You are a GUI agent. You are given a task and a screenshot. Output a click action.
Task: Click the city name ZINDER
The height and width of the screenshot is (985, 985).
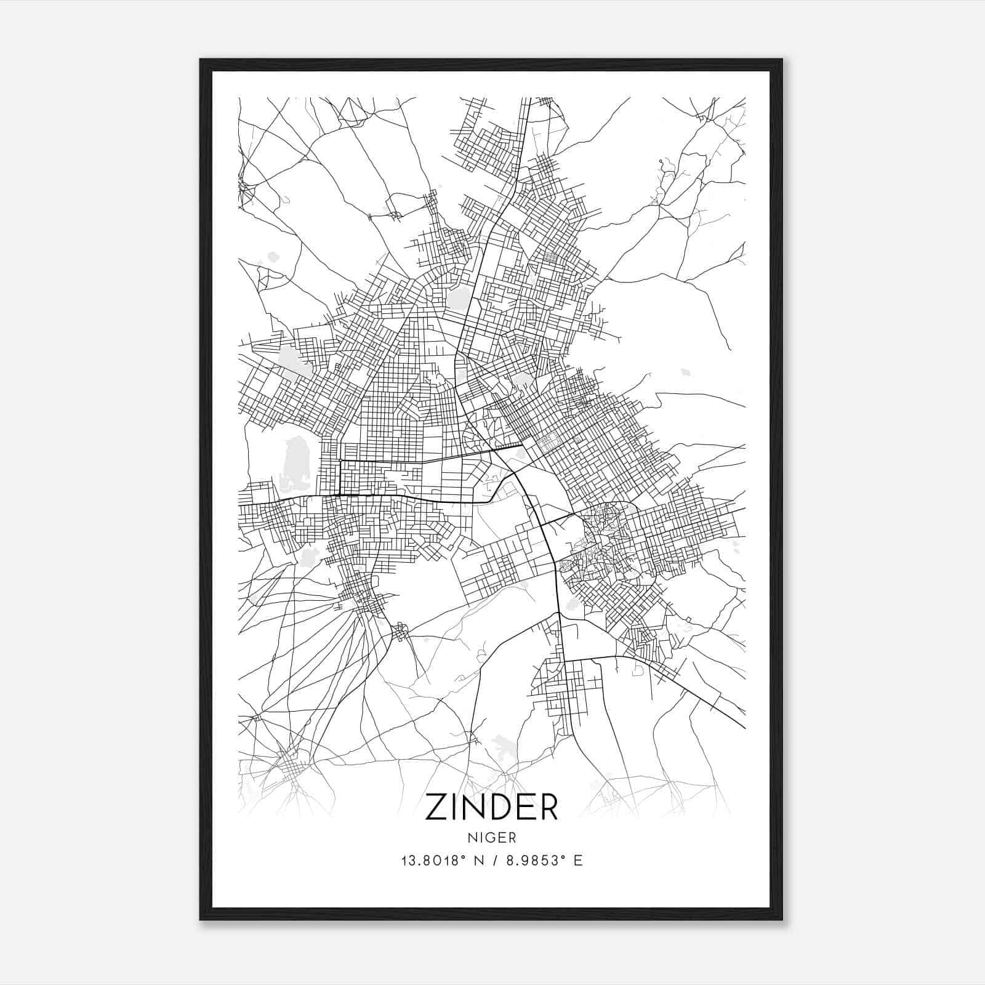[x=491, y=807]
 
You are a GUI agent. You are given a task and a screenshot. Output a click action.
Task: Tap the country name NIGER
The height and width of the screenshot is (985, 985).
[x=491, y=837]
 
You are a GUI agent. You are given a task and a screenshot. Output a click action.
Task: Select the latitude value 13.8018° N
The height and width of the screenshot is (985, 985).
[x=440, y=860]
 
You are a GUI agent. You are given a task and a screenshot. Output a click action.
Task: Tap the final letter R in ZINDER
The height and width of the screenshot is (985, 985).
[x=547, y=807]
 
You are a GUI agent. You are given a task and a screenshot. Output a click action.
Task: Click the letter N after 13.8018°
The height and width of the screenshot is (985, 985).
[x=476, y=860]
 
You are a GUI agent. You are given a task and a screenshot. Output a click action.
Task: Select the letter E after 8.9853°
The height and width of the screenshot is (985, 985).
[x=577, y=860]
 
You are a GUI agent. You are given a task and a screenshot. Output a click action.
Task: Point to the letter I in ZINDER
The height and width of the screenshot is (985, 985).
[x=454, y=807]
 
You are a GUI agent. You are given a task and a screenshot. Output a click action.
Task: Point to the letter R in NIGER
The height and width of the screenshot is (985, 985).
[x=512, y=837]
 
